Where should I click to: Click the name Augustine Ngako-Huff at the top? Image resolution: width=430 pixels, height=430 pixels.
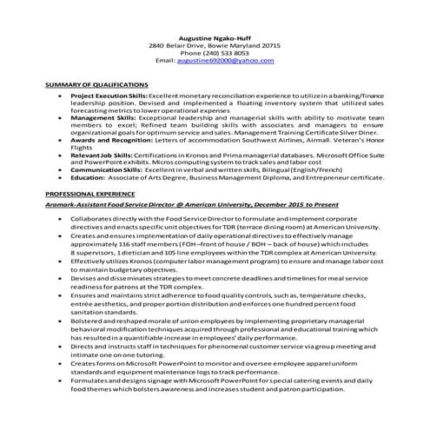pos(215,34)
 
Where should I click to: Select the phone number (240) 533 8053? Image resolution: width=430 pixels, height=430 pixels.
pos(228,52)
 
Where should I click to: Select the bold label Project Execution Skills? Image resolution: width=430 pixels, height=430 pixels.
pos(109,94)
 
